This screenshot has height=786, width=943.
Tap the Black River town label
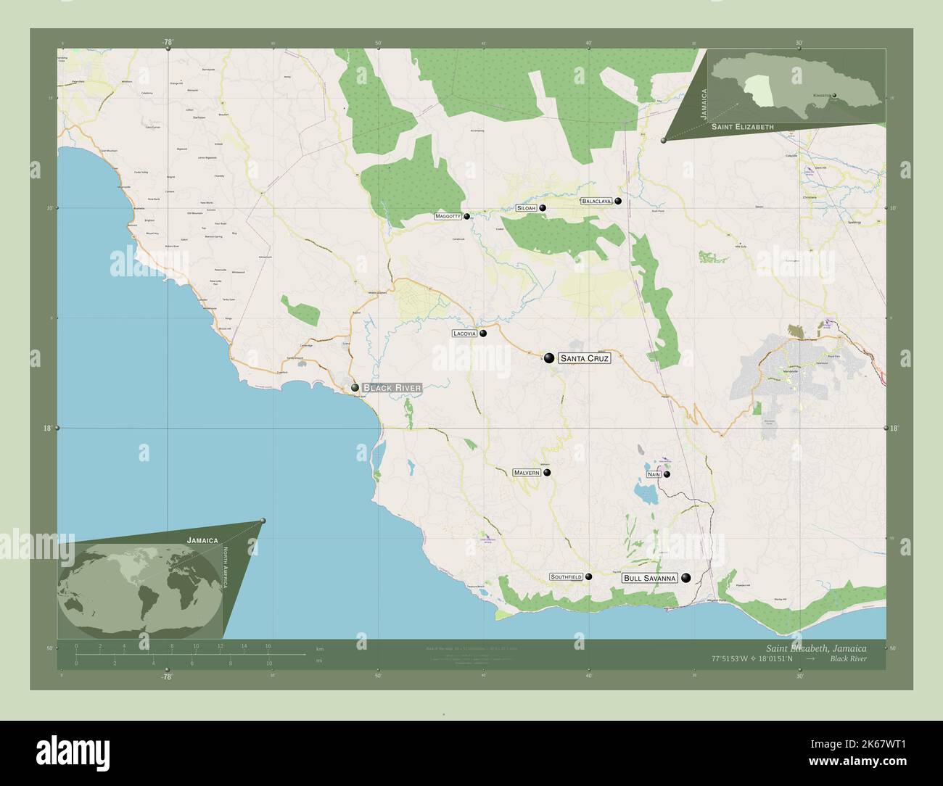392,388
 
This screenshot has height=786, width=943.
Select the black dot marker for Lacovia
482,334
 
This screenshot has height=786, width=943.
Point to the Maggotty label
448,216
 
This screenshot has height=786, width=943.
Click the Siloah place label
526,208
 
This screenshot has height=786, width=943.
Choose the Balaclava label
597,201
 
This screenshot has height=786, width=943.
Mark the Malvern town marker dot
547,473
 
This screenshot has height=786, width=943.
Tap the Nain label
654,474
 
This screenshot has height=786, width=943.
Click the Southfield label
566,577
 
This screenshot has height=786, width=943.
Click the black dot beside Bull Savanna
685,578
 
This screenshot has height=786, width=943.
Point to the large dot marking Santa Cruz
549,357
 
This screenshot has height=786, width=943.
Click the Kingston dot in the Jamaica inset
834,95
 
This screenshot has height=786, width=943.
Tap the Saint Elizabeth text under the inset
742,127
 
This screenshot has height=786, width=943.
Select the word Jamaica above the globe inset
202,540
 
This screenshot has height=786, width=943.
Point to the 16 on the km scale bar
268,645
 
